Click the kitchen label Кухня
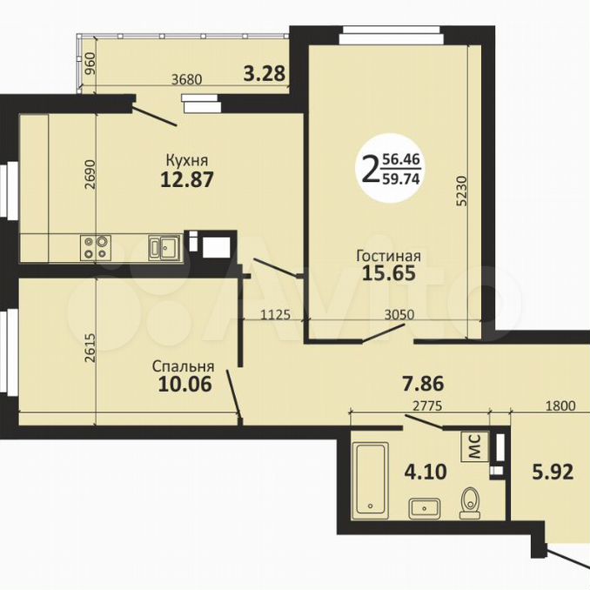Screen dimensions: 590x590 click(x=187, y=161)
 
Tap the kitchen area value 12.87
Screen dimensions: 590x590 click(x=187, y=179)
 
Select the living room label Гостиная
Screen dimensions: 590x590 click(x=389, y=256)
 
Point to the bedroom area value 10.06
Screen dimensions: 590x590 click(x=185, y=384)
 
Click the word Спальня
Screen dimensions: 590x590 click(x=184, y=366)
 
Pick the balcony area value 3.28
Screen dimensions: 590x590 click(x=265, y=73)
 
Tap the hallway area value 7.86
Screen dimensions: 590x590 click(x=423, y=384)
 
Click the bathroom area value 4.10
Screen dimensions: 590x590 click(x=426, y=472)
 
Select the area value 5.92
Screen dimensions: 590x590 click(x=553, y=472)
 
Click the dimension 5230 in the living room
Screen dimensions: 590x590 click(x=462, y=191)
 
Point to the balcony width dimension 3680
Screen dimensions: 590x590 click(x=186, y=80)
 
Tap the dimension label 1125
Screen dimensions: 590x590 click(x=276, y=314)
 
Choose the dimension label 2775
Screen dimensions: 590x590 click(x=427, y=406)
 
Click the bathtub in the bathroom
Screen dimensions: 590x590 click(x=372, y=478)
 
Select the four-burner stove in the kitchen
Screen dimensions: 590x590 click(x=95, y=247)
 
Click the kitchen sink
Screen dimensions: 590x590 click(x=164, y=247)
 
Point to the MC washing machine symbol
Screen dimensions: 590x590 click(x=475, y=446)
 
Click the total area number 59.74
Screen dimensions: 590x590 click(x=401, y=179)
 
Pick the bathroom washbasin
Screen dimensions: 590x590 click(x=425, y=508)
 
